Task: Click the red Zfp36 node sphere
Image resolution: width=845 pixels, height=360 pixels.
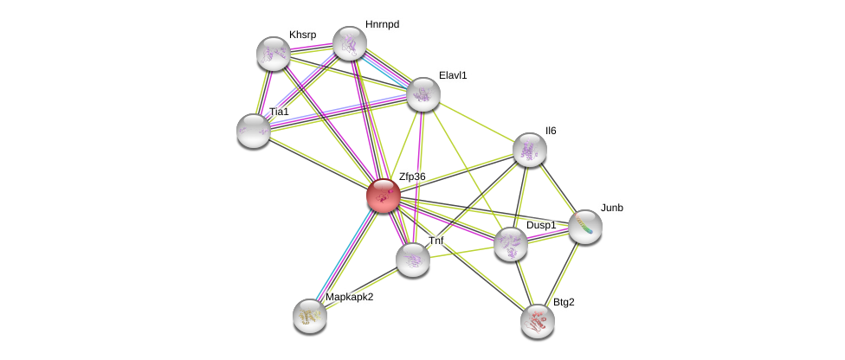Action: [x=384, y=196]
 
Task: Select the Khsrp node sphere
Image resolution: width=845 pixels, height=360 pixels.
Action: [x=274, y=54]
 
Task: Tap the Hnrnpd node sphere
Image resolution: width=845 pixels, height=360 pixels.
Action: [x=350, y=43]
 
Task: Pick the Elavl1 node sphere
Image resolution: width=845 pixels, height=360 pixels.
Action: [x=423, y=94]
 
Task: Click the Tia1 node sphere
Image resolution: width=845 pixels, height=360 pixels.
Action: [x=254, y=131]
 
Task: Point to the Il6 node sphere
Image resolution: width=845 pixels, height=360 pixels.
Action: [x=530, y=150]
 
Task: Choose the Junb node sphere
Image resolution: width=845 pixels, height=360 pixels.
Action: [x=585, y=227]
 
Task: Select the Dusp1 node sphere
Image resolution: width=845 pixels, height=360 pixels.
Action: [x=511, y=244]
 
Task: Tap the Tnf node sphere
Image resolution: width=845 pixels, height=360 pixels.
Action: [x=413, y=260]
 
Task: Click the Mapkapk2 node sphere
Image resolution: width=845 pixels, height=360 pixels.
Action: [x=310, y=316]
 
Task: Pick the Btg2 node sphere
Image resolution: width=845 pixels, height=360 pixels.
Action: [x=538, y=322]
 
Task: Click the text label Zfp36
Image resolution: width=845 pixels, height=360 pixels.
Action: [x=412, y=177]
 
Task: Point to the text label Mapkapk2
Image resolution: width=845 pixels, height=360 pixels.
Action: [x=349, y=297]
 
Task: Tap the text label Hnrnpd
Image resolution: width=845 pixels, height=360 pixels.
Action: [x=382, y=24]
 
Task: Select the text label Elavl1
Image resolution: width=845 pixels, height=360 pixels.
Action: [x=453, y=75]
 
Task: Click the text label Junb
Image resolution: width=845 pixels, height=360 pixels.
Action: [x=612, y=208]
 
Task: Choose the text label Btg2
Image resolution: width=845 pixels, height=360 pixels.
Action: [x=564, y=302]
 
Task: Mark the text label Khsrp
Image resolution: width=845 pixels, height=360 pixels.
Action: [x=303, y=35]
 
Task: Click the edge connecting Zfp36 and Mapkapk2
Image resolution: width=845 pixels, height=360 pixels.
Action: [x=346, y=256]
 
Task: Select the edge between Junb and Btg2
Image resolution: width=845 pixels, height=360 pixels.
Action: [x=562, y=274]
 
